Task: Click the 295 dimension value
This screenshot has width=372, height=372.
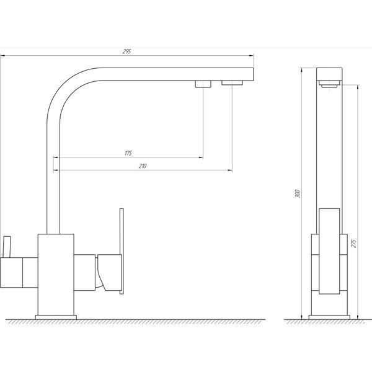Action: tap(126, 51)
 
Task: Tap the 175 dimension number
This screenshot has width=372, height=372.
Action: tap(128, 153)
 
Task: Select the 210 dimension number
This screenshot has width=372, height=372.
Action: tap(143, 166)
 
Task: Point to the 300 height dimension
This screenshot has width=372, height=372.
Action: tap(298, 193)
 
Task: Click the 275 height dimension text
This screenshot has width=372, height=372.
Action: tap(353, 244)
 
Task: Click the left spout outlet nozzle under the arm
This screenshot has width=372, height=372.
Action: tap(203, 84)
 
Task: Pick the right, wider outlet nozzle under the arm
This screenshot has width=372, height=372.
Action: tap(232, 83)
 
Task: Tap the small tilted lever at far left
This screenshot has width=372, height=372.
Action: tap(7, 247)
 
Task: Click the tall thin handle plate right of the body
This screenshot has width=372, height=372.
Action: tap(122, 251)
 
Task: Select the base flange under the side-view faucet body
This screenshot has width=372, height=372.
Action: tap(329, 317)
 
